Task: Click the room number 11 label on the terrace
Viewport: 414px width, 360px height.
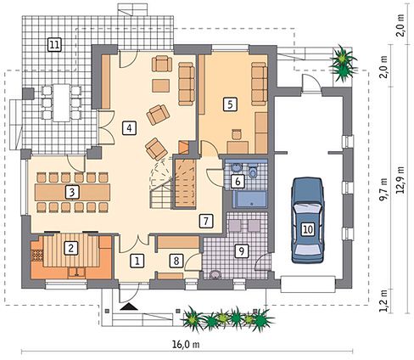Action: click(x=54, y=44)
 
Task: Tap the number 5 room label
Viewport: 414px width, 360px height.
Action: click(x=230, y=104)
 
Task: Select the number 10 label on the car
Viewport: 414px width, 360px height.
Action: click(x=308, y=229)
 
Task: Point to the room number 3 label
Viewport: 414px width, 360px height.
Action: click(x=72, y=193)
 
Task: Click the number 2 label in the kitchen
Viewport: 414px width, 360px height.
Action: click(x=70, y=248)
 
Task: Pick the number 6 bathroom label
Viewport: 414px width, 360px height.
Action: click(x=238, y=181)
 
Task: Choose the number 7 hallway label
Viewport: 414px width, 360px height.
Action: click(x=205, y=221)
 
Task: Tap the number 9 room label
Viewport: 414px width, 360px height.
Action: click(x=241, y=250)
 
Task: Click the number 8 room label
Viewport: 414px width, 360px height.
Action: click(x=176, y=261)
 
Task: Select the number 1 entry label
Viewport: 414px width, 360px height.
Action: click(x=137, y=261)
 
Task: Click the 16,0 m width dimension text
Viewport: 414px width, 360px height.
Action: click(x=186, y=345)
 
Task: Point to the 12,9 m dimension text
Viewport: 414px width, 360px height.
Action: click(x=400, y=179)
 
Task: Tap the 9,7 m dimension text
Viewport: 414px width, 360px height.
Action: click(x=383, y=189)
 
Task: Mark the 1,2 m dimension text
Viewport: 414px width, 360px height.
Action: click(x=383, y=301)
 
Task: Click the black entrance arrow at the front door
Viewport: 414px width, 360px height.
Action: click(x=129, y=307)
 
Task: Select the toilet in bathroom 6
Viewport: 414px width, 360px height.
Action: click(x=253, y=171)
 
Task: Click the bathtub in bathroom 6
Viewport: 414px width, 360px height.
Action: click(x=249, y=200)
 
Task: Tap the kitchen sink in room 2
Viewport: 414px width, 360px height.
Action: click(x=76, y=273)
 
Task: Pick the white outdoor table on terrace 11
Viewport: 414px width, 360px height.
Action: click(x=62, y=103)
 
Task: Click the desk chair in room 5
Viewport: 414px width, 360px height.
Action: click(x=237, y=134)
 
